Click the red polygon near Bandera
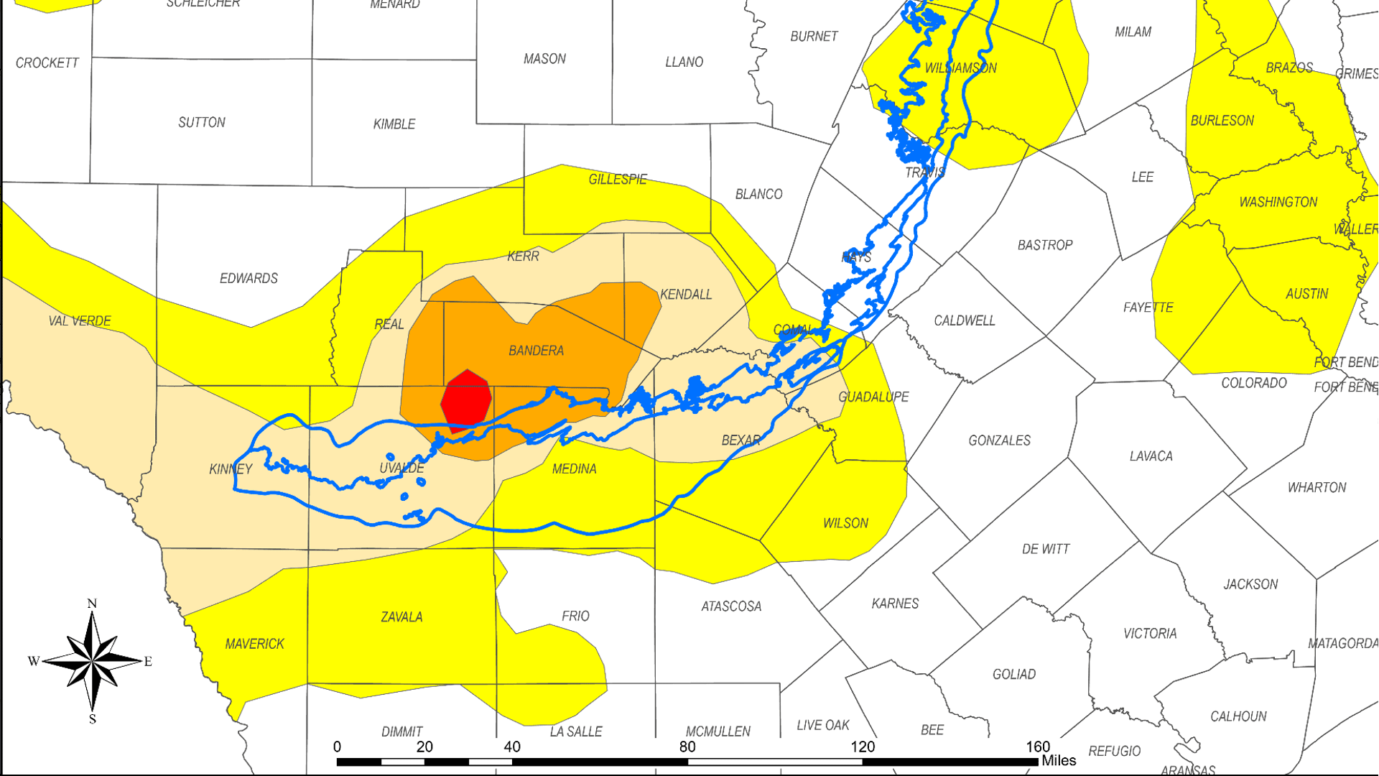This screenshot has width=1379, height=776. (466, 400)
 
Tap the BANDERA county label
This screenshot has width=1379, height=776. (536, 351)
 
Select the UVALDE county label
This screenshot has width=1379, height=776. (401, 468)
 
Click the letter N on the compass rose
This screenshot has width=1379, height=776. (92, 604)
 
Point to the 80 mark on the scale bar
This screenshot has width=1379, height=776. (687, 747)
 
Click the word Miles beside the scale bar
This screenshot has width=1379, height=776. (1059, 761)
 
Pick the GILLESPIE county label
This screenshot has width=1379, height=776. (618, 179)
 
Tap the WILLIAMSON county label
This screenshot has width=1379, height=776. (960, 68)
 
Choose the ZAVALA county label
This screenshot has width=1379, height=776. (401, 617)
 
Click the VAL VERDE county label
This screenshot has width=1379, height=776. (80, 321)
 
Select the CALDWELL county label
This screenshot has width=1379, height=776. (964, 320)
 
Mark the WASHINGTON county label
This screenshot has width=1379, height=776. (1278, 203)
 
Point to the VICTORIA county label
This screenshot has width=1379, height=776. (1150, 634)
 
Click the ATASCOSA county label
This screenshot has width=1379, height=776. (731, 606)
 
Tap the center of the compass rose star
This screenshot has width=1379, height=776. (93, 660)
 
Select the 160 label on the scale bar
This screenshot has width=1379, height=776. (1037, 747)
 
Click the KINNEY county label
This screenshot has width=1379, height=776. (231, 469)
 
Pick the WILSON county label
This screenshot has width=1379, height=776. (845, 523)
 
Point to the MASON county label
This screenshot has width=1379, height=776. (544, 59)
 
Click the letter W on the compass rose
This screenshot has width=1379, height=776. (33, 661)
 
